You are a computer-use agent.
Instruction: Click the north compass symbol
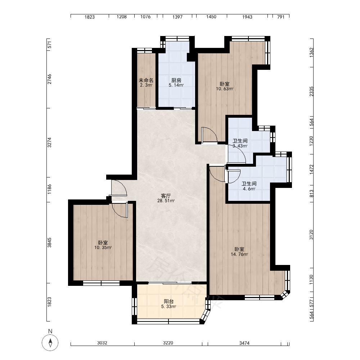click(50, 343)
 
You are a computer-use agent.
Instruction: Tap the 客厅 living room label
click(166, 196)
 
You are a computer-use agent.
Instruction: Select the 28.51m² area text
click(166, 201)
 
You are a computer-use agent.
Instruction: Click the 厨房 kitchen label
click(176, 80)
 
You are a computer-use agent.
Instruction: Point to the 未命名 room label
click(146, 80)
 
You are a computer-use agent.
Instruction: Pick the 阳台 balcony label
click(169, 301)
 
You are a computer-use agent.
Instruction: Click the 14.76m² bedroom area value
click(239, 255)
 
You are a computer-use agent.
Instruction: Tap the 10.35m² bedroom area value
click(103, 248)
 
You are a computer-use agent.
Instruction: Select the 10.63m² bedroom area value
click(225, 89)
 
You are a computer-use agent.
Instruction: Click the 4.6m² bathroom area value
click(249, 189)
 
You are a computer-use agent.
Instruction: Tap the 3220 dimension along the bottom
click(168, 343)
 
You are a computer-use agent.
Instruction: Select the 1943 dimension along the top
click(247, 17)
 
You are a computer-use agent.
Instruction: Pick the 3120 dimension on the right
click(311, 235)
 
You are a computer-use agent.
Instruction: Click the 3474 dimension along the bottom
click(244, 343)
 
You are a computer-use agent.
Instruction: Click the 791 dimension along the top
click(281, 17)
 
